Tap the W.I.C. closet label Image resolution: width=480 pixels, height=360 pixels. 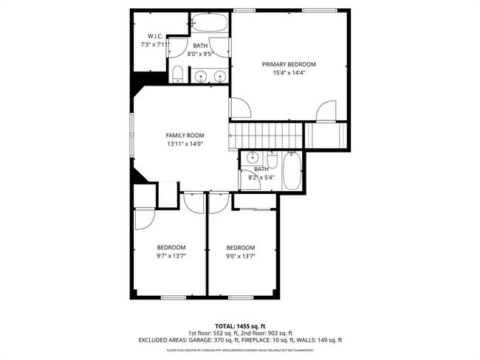[x=155, y=36]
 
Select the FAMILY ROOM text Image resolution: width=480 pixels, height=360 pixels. [x=185, y=135]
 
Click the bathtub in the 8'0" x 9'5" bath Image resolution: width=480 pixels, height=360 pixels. [x=210, y=23]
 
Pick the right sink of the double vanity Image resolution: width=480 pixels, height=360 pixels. [x=219, y=75]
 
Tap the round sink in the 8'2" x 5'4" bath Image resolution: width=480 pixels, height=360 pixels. [x=253, y=159]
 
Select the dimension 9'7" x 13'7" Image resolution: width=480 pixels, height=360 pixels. [x=171, y=256]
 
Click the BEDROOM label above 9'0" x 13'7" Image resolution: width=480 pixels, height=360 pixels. [x=240, y=247]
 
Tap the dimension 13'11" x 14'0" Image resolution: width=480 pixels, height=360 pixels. [x=185, y=144]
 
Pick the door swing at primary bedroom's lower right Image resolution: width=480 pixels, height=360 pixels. [x=326, y=112]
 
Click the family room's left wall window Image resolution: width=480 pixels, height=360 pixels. [x=132, y=135]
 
